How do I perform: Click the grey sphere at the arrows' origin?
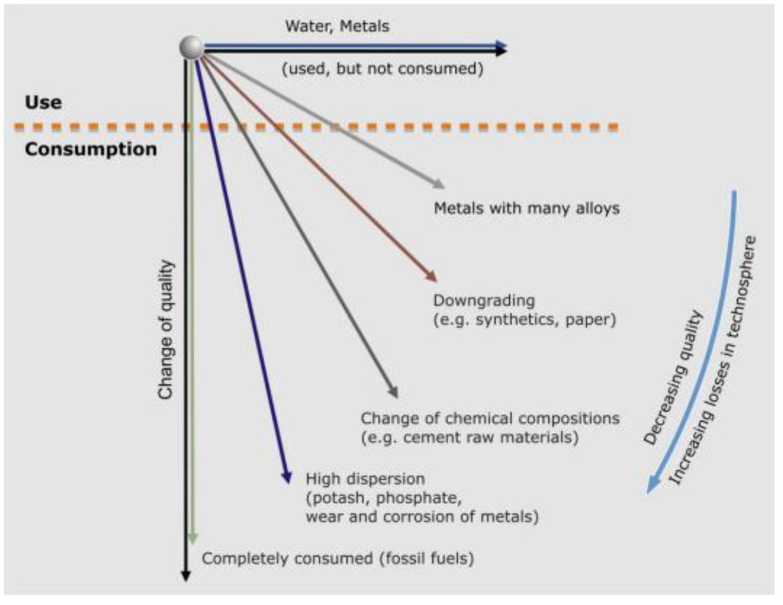click(x=191, y=47)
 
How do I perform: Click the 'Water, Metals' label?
click(x=337, y=27)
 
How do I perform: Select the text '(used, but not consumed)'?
click(x=382, y=69)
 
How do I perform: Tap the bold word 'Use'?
click(x=43, y=102)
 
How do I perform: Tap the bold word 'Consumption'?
click(x=90, y=149)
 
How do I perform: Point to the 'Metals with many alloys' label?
click(x=526, y=207)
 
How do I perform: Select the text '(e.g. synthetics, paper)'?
click(x=525, y=320)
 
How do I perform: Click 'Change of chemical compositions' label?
click(x=489, y=419)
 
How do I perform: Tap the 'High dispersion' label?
click(x=364, y=479)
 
